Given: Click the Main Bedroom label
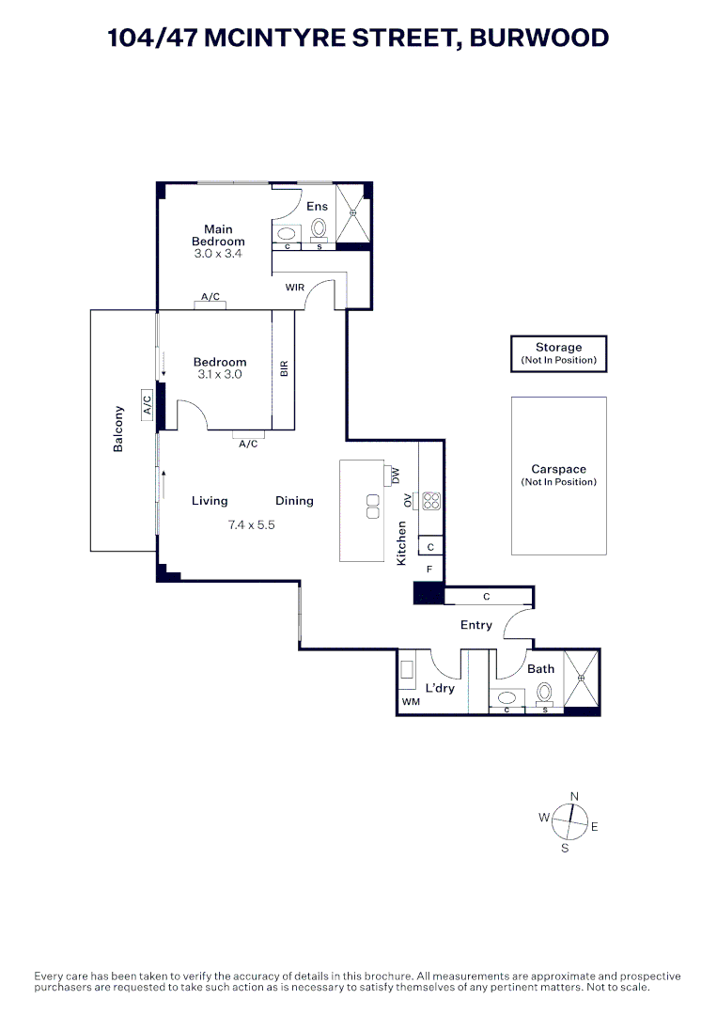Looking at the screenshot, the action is pyautogui.click(x=218, y=235).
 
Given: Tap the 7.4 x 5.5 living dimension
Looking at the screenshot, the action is pyautogui.click(x=251, y=525).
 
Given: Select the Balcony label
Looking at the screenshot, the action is pyautogui.click(x=117, y=429).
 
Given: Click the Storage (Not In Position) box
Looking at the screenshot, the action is pyautogui.click(x=558, y=353).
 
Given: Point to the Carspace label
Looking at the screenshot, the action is pyautogui.click(x=558, y=469).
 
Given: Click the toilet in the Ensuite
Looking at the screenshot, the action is pyautogui.click(x=319, y=228).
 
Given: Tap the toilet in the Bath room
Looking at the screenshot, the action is pyautogui.click(x=544, y=694).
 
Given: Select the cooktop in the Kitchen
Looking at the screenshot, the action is pyautogui.click(x=431, y=501).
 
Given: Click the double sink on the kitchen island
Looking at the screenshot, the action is pyautogui.click(x=373, y=507).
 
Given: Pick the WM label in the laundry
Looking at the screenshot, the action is pyautogui.click(x=411, y=701).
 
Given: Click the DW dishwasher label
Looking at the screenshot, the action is pyautogui.click(x=396, y=476).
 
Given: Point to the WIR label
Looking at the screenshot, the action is pyautogui.click(x=294, y=288).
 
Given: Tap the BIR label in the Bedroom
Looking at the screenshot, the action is pyautogui.click(x=284, y=369).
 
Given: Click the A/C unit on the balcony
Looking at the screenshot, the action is pyautogui.click(x=147, y=405).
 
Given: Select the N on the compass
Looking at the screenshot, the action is pyautogui.click(x=574, y=796).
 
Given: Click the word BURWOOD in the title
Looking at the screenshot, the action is pyautogui.click(x=539, y=38).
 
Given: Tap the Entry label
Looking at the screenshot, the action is pyautogui.click(x=476, y=625).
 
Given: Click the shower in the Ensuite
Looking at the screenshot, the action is pyautogui.click(x=353, y=213).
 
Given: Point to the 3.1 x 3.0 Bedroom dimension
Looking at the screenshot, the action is pyautogui.click(x=220, y=374).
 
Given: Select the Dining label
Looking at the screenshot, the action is pyautogui.click(x=294, y=501).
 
